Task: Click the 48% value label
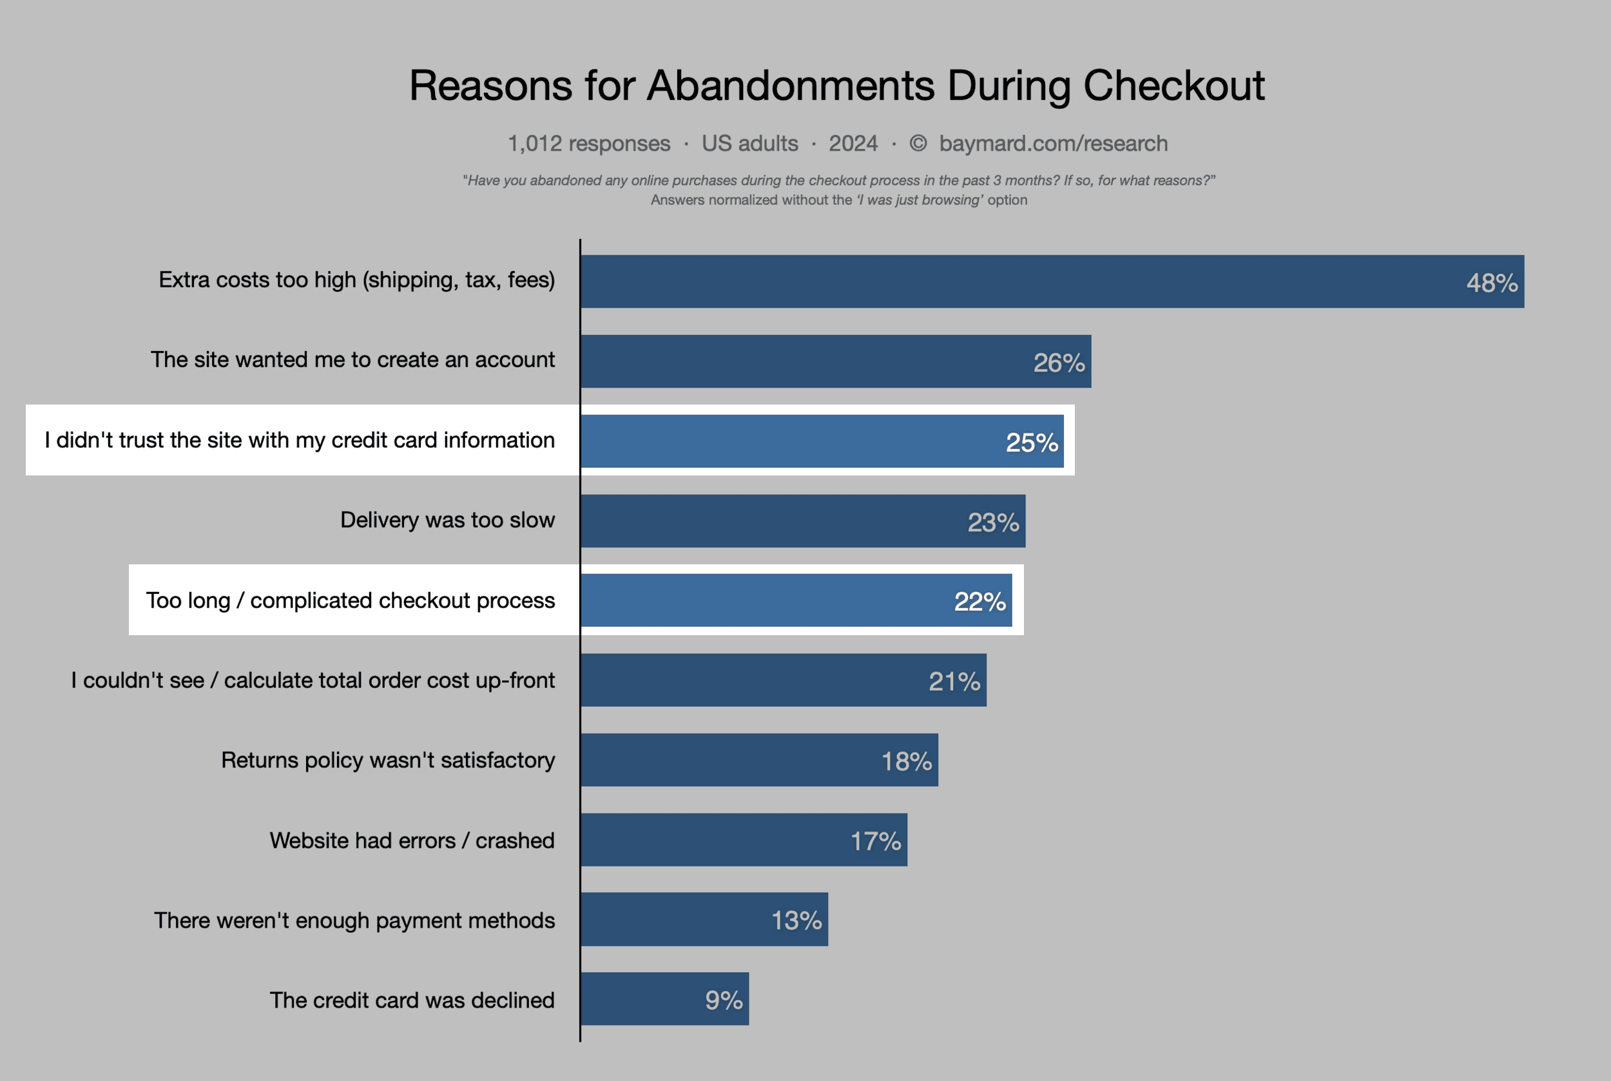coord(1492,283)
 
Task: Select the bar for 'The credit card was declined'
coord(664,999)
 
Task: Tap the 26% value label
coord(1059,363)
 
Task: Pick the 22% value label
coord(979,602)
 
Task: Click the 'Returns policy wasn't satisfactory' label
coord(387,760)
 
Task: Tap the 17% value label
coord(875,841)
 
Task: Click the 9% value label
coord(724,1000)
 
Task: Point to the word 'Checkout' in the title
coord(1173,86)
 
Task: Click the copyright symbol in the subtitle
coord(918,144)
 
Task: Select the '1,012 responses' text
coord(589,144)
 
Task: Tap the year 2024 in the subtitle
coord(853,144)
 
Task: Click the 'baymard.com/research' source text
coord(1053,144)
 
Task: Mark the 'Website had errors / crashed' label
coord(412,841)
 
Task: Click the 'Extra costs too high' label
coord(356,280)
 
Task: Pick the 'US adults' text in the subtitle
coord(749,144)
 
